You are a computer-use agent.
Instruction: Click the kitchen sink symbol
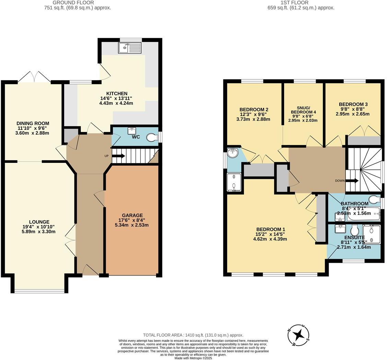(130, 48)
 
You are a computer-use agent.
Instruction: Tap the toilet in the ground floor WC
(151, 137)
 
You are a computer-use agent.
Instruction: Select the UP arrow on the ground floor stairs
(118, 156)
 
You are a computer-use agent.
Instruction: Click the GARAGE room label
(132, 215)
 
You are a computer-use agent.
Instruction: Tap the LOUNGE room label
(39, 222)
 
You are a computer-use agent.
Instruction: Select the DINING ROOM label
(33, 123)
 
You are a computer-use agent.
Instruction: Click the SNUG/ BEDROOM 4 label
(303, 110)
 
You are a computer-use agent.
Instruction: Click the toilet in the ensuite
(354, 229)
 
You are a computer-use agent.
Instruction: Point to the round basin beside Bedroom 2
(233, 153)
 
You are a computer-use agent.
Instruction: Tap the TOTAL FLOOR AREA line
(193, 335)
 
